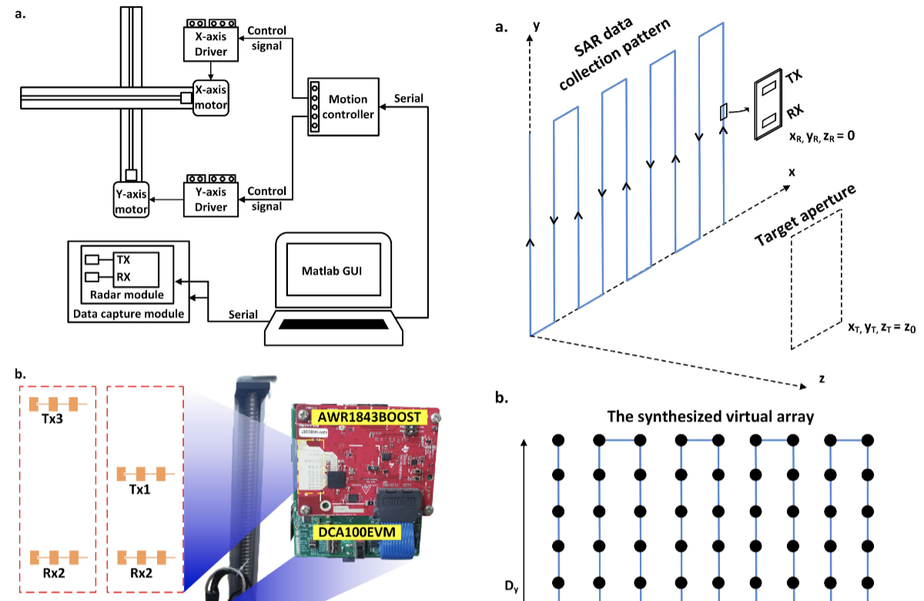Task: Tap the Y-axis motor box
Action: point(130,199)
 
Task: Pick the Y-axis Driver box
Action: point(210,200)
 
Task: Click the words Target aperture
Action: point(805,217)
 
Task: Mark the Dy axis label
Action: point(511,588)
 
